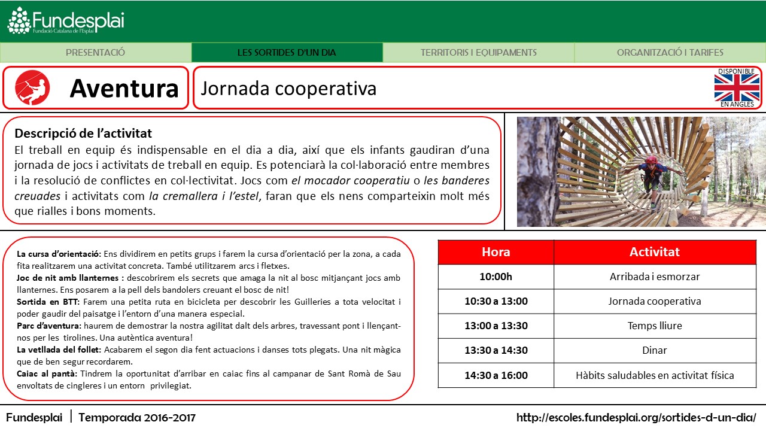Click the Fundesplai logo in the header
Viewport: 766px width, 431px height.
(66, 21)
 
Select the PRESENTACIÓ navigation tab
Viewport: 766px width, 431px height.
(96, 53)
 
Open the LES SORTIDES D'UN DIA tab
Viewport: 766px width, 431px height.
(287, 53)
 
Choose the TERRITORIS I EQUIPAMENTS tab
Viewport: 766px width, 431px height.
(478, 53)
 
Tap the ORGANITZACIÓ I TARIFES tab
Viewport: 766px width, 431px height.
(670, 53)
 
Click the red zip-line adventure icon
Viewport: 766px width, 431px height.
(32, 87)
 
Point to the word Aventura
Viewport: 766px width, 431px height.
(124, 89)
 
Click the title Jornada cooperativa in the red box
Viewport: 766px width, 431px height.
(288, 89)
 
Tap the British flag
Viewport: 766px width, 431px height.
(737, 88)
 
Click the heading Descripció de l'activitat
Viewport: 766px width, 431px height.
(83, 133)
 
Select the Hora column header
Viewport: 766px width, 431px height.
(496, 252)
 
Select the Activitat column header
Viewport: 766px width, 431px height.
(654, 252)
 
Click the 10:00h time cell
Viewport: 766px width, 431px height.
(496, 277)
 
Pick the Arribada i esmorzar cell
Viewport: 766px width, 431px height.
(654, 277)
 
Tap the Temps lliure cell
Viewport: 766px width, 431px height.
(654, 326)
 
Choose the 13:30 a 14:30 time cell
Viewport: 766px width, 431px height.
(496, 350)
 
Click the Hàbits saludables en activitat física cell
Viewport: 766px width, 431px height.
(654, 375)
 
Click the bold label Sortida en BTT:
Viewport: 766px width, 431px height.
(45, 302)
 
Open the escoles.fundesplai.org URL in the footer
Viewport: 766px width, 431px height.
(636, 417)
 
